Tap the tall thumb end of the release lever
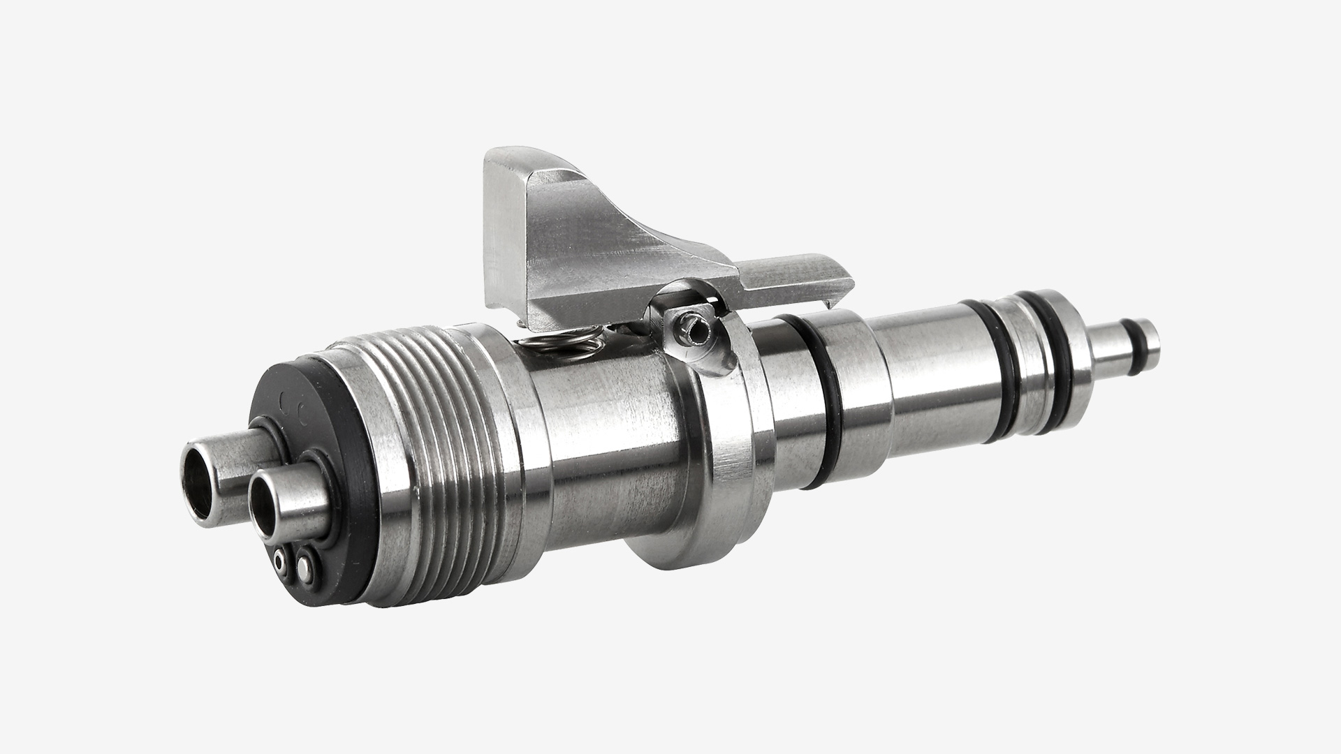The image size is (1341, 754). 504,230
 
